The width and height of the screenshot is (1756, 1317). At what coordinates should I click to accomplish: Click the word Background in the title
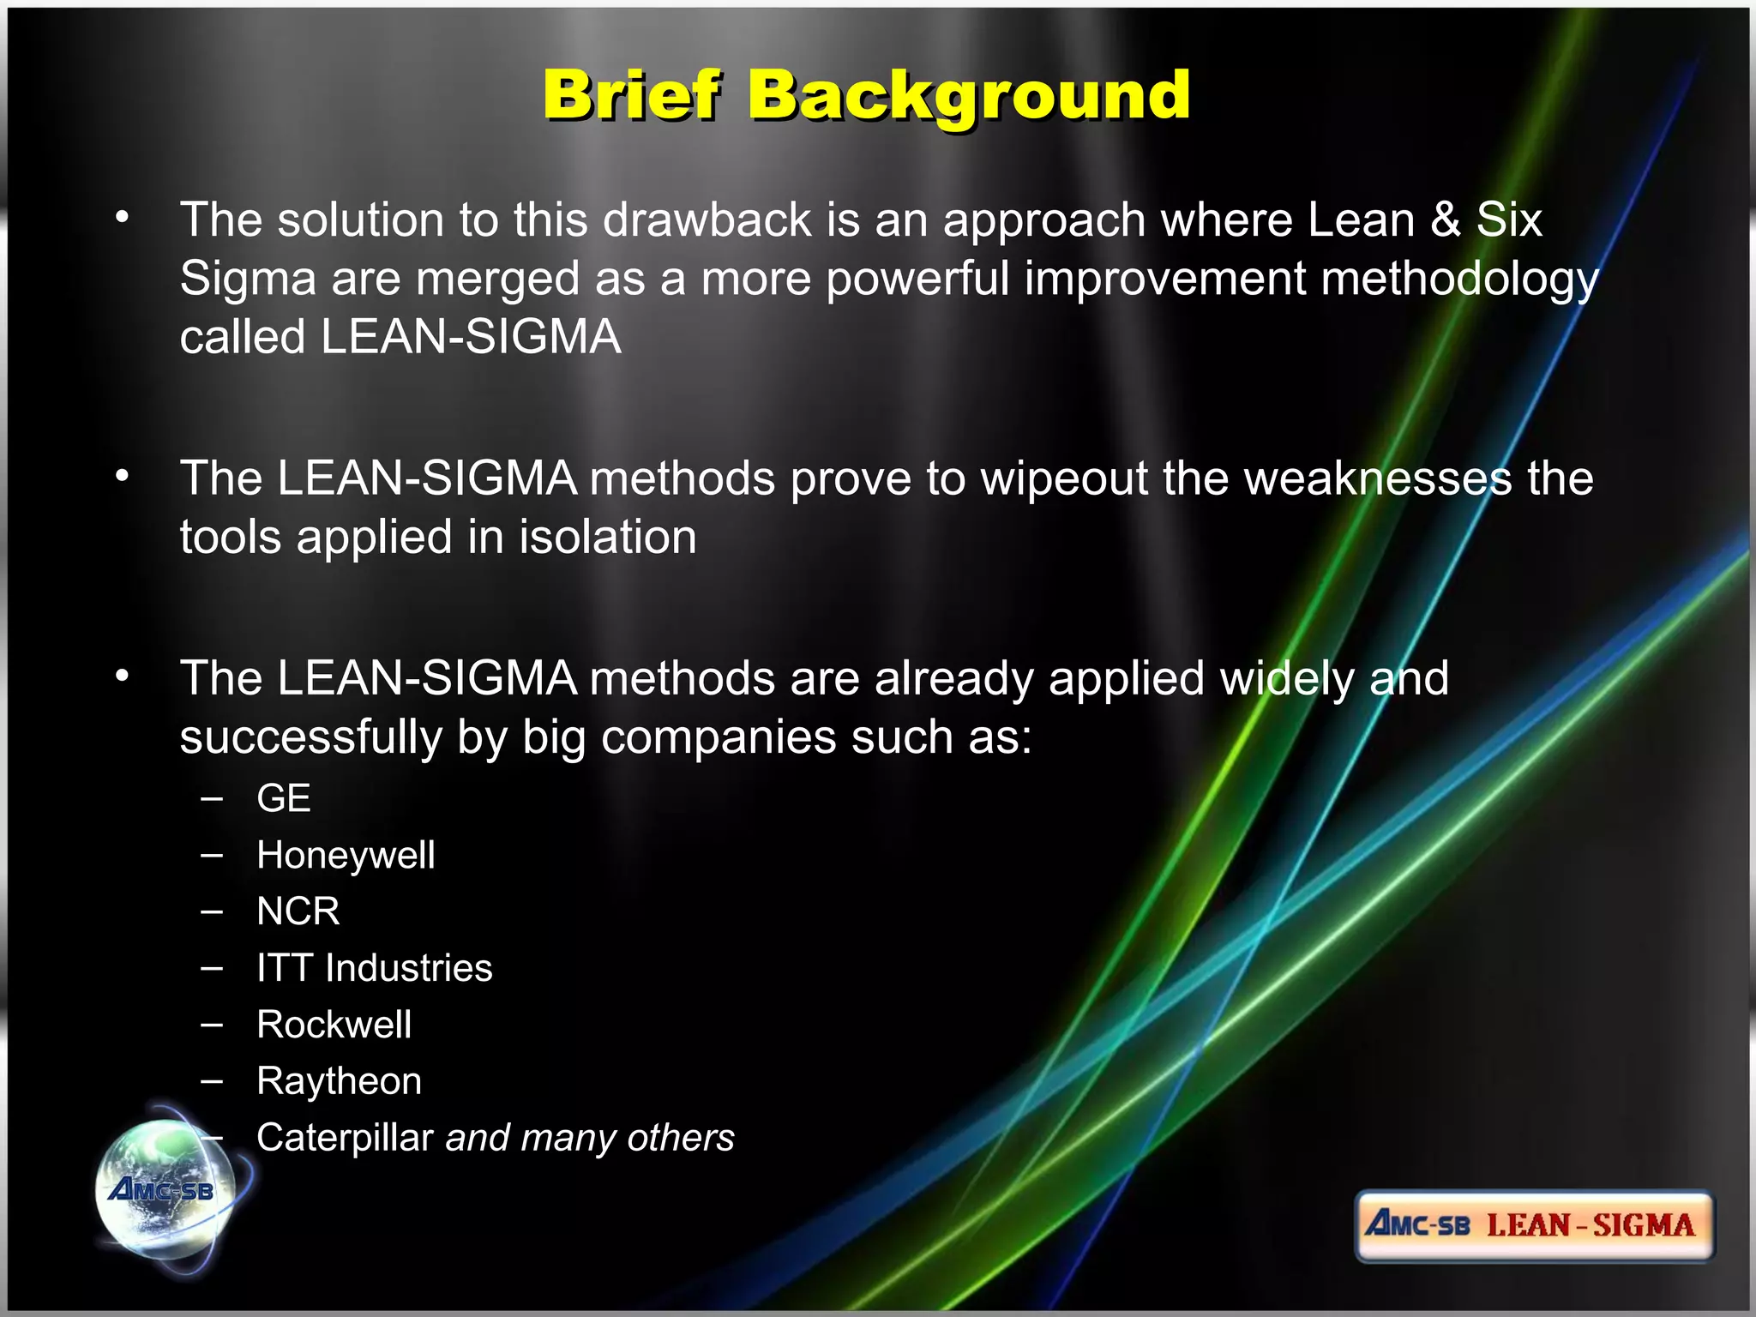(x=969, y=96)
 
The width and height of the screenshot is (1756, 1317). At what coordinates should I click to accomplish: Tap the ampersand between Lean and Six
(x=1446, y=219)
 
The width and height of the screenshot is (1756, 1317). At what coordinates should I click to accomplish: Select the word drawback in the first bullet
(x=707, y=219)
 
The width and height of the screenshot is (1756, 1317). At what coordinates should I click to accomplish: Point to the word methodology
(x=1459, y=280)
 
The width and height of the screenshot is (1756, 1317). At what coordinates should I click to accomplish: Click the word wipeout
(x=1064, y=478)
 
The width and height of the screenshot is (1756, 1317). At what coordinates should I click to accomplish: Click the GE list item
(x=283, y=798)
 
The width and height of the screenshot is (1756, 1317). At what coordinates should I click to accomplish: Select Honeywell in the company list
(x=346, y=855)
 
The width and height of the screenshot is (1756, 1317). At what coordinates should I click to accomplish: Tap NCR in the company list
(x=298, y=911)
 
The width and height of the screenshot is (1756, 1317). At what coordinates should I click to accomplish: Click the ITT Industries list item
(x=374, y=968)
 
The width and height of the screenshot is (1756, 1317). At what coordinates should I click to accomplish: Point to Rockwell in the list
(x=334, y=1025)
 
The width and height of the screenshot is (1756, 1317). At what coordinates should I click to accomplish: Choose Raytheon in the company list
(x=339, y=1081)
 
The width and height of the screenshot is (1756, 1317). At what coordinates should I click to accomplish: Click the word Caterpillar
(x=345, y=1138)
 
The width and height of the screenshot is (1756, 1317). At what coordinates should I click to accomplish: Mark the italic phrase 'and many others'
(x=590, y=1138)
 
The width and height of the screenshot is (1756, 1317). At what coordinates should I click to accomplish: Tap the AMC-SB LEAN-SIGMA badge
(x=1533, y=1225)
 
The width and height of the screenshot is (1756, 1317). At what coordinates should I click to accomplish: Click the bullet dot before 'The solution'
(x=123, y=218)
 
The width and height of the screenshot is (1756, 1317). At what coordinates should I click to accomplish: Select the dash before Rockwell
(x=212, y=1024)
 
